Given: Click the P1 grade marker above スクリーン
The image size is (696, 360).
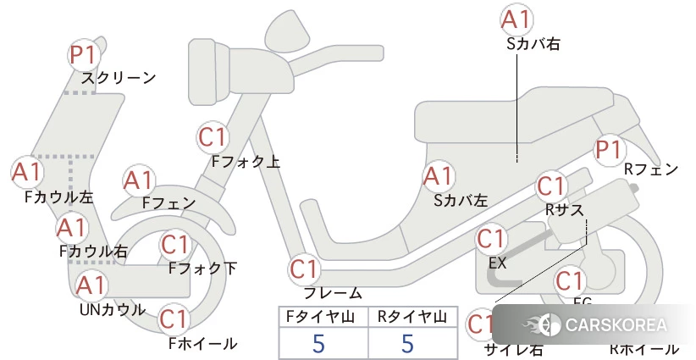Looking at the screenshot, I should pyautogui.click(x=84, y=55).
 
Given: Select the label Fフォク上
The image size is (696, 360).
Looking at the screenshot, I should pyautogui.click(x=246, y=160).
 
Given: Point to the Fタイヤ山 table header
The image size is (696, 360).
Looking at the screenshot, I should pyautogui.click(x=323, y=317).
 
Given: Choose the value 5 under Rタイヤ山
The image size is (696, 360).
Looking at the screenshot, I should pyautogui.click(x=407, y=343).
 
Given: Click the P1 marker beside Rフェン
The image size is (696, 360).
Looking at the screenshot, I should pyautogui.click(x=608, y=151).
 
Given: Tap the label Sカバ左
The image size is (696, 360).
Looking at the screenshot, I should pyautogui.click(x=461, y=201).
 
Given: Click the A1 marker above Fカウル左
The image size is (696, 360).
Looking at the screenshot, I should pyautogui.click(x=26, y=172).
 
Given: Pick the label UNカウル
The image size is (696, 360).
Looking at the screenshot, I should pyautogui.click(x=112, y=309).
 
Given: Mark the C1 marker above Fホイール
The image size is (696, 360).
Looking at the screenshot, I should pyautogui.click(x=174, y=319).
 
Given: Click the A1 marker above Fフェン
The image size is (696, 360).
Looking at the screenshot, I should pyautogui.click(x=138, y=180).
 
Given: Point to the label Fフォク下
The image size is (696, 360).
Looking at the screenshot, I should pyautogui.click(x=202, y=269).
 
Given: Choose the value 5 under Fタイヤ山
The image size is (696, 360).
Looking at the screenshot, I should pyautogui.click(x=318, y=343).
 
